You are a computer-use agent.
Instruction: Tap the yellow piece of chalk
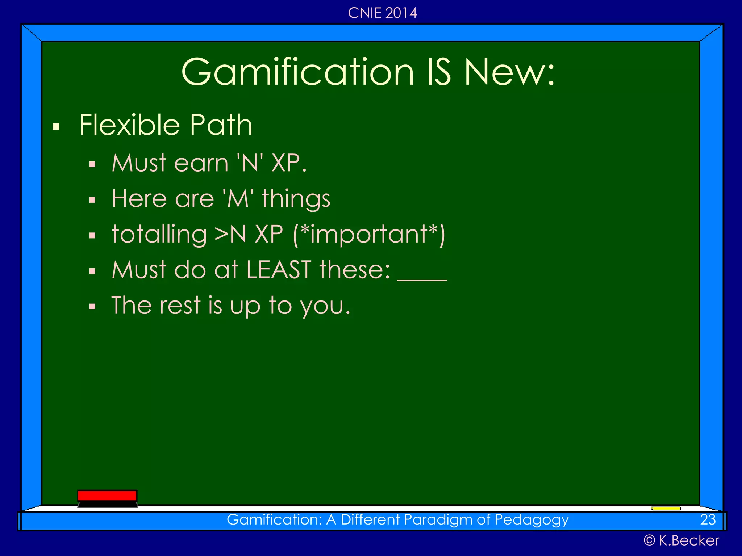666,509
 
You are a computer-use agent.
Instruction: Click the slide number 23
708,520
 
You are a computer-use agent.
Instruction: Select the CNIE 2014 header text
382,13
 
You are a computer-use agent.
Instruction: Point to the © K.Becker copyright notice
681,540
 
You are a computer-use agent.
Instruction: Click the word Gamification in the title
297,72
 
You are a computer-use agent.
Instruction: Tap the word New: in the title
509,72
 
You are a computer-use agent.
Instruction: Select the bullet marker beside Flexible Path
56,127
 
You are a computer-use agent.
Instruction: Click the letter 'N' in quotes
250,163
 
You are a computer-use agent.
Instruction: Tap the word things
296,199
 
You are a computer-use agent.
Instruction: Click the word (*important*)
369,235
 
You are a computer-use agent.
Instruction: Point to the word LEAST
279,270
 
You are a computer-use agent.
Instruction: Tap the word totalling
159,235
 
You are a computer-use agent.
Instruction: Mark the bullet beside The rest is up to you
92,307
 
